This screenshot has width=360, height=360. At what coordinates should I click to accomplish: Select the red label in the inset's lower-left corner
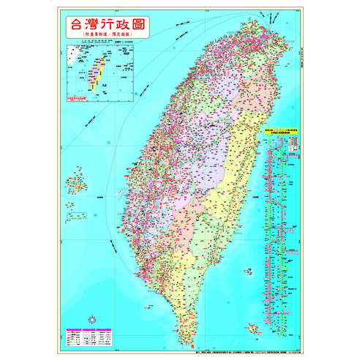[x=78, y=96]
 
